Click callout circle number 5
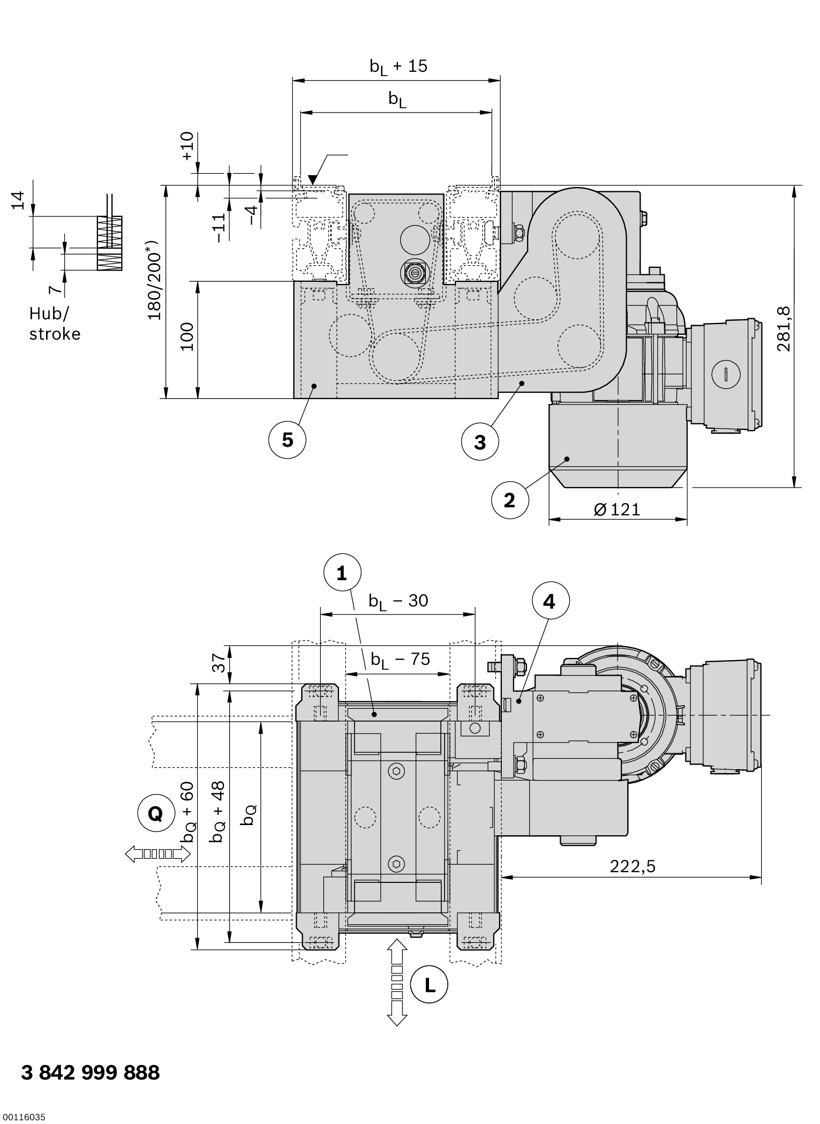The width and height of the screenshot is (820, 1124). point(288,440)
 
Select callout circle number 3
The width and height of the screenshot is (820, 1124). point(480,442)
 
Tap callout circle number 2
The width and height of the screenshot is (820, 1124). point(510,500)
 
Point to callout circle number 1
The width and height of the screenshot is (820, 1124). point(342,574)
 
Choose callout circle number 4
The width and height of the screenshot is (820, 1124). point(551,602)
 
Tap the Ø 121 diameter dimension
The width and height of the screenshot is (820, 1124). point(617,509)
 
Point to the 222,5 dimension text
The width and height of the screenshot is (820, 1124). point(633,866)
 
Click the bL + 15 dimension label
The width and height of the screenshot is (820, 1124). point(398,66)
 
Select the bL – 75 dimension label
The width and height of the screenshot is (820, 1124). point(400,660)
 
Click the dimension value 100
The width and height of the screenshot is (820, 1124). point(187,336)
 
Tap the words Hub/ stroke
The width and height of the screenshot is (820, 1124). point(55,324)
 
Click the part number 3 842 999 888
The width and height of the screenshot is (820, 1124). point(91,1073)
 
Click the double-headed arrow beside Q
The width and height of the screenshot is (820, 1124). point(157,854)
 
